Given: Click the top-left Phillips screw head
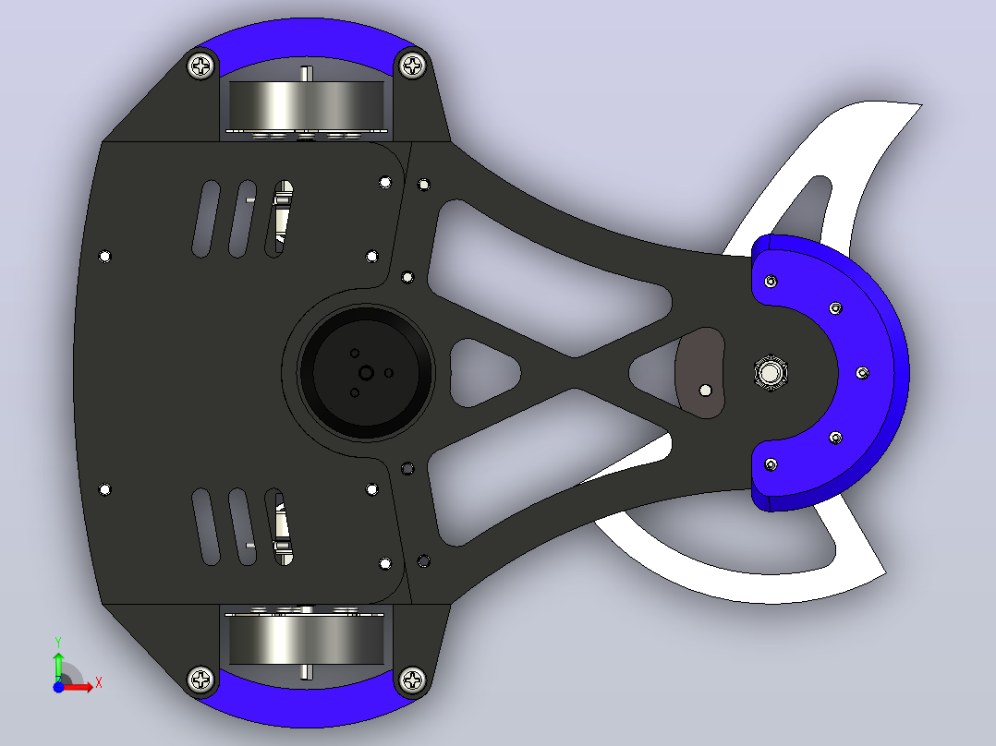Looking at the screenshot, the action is (201, 66).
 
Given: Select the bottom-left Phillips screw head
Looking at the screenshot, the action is (201, 680).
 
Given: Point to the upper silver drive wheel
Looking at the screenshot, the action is (306, 104).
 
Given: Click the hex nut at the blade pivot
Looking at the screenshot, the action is (771, 373).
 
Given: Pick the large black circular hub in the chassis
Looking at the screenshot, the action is (365, 373).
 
